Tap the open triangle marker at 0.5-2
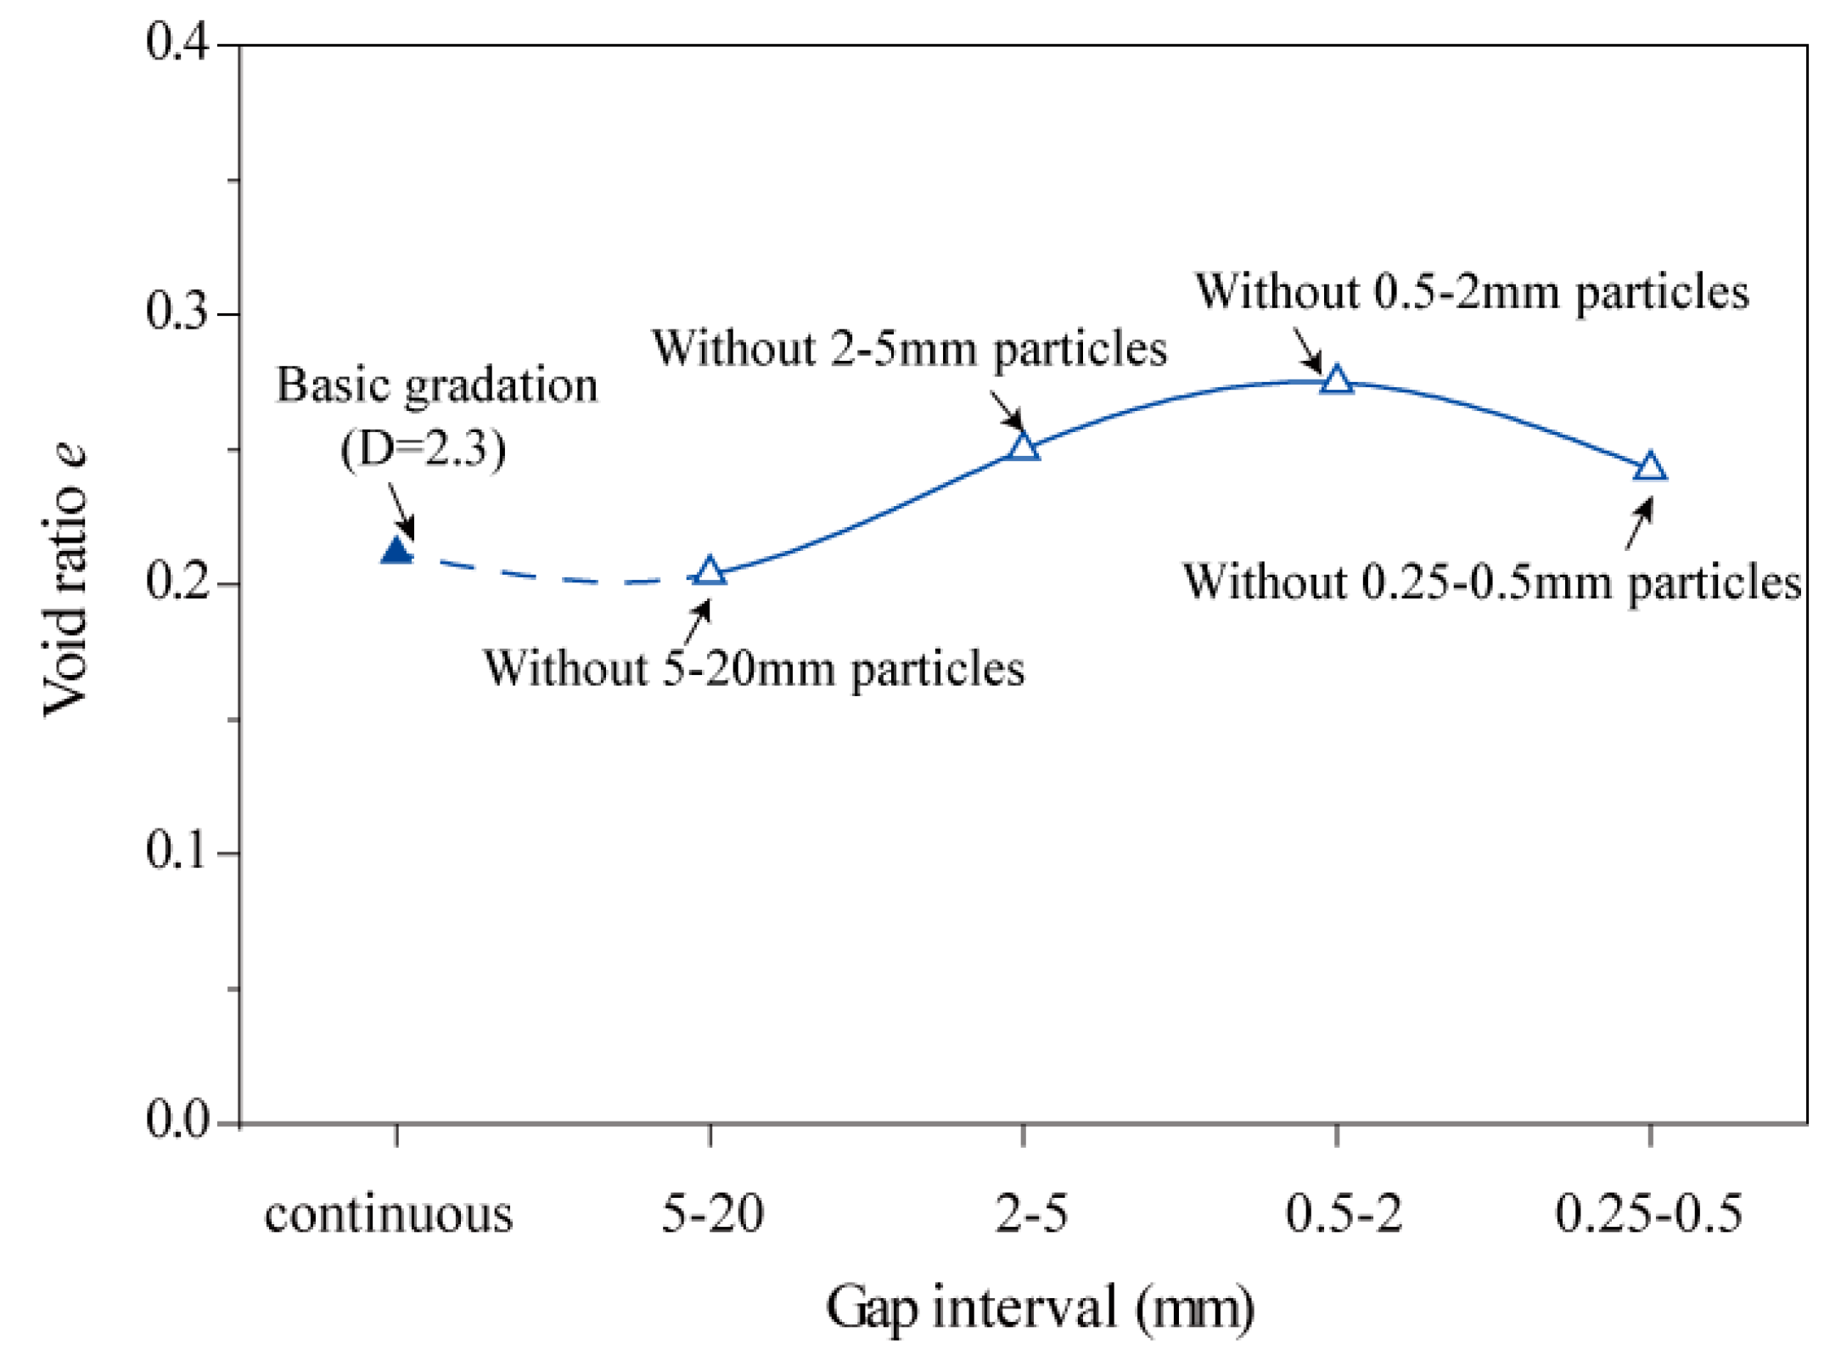[x=1337, y=380]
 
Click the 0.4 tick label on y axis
[x=177, y=42]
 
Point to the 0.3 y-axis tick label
[x=177, y=312]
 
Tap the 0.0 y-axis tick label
[x=177, y=1120]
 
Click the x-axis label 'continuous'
[x=389, y=1215]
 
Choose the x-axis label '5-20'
[x=712, y=1213]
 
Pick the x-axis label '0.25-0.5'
[x=1648, y=1213]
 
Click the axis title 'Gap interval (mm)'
[x=1040, y=1308]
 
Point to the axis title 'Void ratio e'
[x=65, y=581]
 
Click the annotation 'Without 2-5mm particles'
[x=909, y=349]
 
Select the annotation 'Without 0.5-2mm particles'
[x=1472, y=292]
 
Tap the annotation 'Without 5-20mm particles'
[x=754, y=669]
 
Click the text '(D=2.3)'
[x=423, y=448]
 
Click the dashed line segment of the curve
[x=552, y=577]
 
